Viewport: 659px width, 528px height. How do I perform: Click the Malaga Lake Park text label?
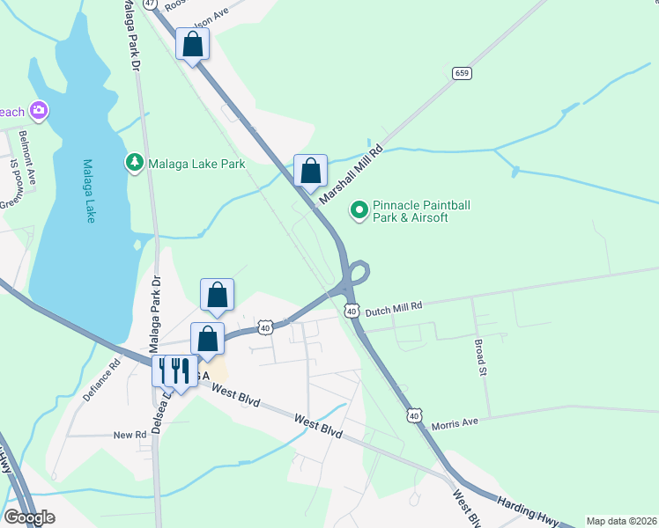(x=196, y=163)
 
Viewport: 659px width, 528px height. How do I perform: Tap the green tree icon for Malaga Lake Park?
(x=134, y=163)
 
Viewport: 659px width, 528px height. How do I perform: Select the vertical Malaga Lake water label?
(x=89, y=190)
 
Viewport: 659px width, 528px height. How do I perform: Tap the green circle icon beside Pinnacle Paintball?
(x=359, y=210)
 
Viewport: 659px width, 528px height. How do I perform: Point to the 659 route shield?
(x=462, y=73)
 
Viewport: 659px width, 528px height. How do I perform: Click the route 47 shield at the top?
(x=151, y=4)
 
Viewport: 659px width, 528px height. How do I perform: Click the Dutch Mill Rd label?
(x=394, y=307)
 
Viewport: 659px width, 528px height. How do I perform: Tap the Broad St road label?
(x=481, y=358)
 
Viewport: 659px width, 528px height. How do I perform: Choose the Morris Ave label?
(x=455, y=423)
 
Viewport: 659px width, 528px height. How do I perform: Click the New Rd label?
(x=130, y=435)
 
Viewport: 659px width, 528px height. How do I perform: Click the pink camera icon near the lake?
(x=38, y=110)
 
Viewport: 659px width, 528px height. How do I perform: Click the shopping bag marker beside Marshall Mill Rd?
(x=310, y=170)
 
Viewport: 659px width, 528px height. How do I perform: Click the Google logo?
(x=30, y=517)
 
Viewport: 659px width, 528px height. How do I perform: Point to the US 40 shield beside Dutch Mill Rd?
(x=352, y=311)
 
